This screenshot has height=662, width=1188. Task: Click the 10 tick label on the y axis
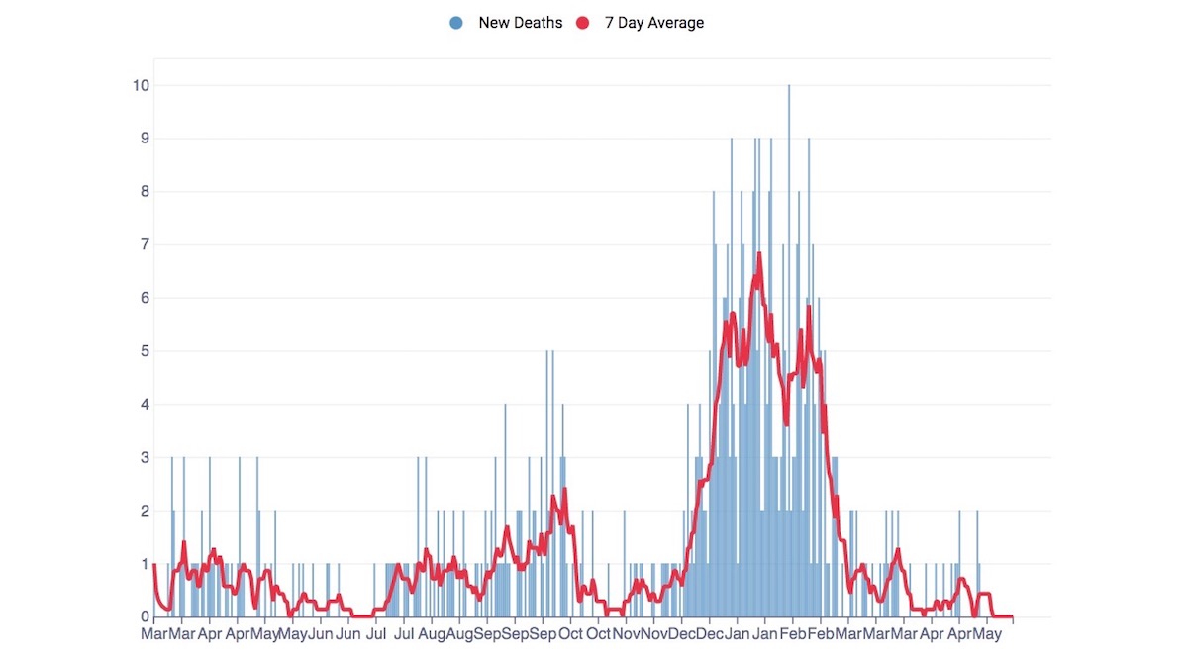coord(142,85)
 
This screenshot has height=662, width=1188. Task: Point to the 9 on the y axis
coord(145,139)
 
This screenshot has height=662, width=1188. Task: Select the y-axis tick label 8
coord(145,192)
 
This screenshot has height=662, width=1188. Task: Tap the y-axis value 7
coord(145,244)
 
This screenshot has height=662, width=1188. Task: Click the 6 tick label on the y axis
coord(145,298)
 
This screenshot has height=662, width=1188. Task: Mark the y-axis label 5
coord(145,351)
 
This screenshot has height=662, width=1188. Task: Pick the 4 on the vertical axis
coord(145,405)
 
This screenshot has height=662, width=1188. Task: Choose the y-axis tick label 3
coord(145,457)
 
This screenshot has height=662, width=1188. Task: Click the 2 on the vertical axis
coord(145,511)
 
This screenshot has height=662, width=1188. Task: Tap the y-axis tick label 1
coord(145,564)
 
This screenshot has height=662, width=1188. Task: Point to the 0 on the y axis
coord(145,616)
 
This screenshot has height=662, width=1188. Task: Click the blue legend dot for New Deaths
coord(456,23)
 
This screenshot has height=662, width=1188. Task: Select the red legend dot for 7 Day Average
coord(582,23)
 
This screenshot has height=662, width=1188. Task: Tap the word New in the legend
coord(495,23)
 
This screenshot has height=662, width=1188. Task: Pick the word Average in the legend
coord(676,23)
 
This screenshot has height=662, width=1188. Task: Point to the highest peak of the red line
coord(759,253)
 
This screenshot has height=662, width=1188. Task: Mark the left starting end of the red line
coord(155,564)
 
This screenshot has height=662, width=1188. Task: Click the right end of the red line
coord(1012,616)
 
